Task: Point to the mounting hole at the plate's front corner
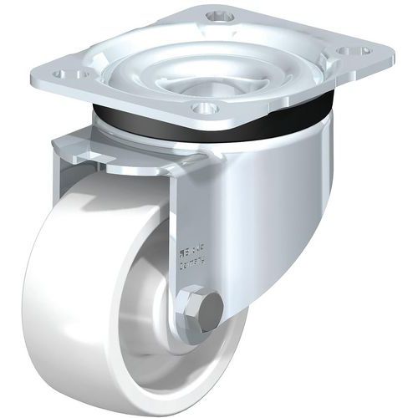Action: (205, 108)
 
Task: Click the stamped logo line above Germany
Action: (191, 249)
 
